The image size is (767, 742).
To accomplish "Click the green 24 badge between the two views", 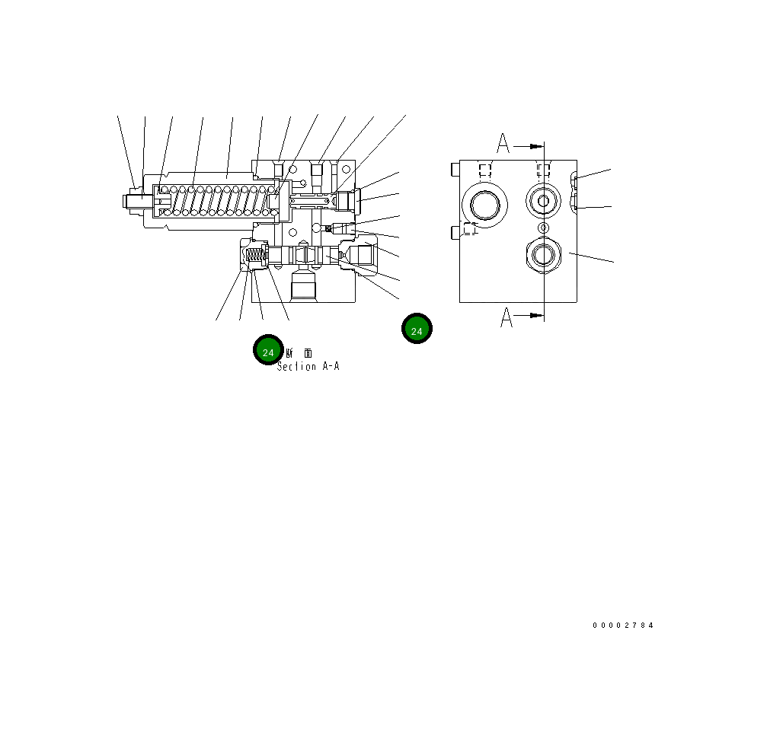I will pyautogui.click(x=417, y=329).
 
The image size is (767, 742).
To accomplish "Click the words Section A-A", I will pyautogui.click(x=308, y=367).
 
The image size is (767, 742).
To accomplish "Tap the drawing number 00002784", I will pyautogui.click(x=623, y=626).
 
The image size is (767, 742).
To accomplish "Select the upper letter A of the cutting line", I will pyautogui.click(x=503, y=142).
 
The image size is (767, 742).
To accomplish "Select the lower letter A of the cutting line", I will pyautogui.click(x=507, y=318).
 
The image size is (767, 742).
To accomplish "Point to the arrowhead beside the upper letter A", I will pyautogui.click(x=536, y=145).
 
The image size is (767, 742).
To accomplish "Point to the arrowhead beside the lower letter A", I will pyautogui.click(x=536, y=314).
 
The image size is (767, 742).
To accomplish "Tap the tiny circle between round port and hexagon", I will pyautogui.click(x=543, y=228).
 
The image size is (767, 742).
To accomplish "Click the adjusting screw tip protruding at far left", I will pyautogui.click(x=126, y=201).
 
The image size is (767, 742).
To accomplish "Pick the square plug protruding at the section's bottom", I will pyautogui.click(x=303, y=288).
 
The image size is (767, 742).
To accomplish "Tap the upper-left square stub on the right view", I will pyautogui.click(x=455, y=167).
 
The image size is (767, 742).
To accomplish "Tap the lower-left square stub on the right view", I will pyautogui.click(x=455, y=231).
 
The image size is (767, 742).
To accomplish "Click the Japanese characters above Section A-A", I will pyautogui.click(x=298, y=353).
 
